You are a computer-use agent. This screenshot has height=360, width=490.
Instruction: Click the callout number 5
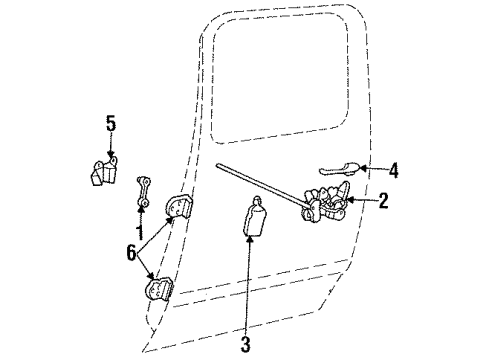tap(111, 124)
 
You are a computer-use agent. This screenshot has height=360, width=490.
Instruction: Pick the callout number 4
tap(393, 171)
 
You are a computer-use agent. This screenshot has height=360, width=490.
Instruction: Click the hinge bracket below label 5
tap(102, 173)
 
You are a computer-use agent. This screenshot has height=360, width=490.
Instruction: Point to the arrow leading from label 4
tap(372, 170)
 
